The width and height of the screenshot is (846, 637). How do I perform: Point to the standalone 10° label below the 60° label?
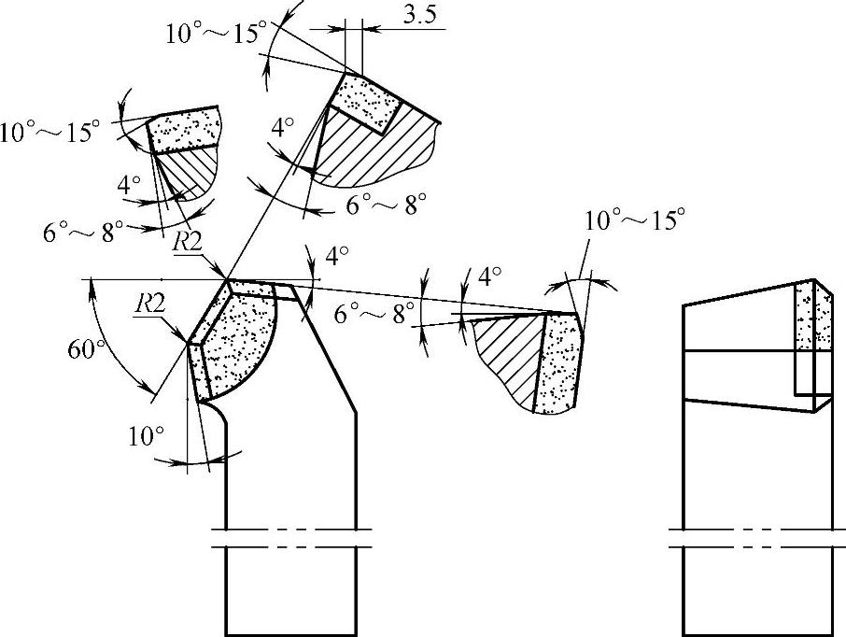[x=148, y=433]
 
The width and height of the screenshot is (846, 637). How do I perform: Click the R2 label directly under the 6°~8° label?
[x=187, y=241]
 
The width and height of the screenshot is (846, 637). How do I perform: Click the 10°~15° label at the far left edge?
[x=49, y=134]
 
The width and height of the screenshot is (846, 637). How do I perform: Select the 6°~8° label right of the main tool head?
[x=374, y=316]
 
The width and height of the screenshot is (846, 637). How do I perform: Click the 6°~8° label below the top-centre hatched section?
[x=387, y=205]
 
